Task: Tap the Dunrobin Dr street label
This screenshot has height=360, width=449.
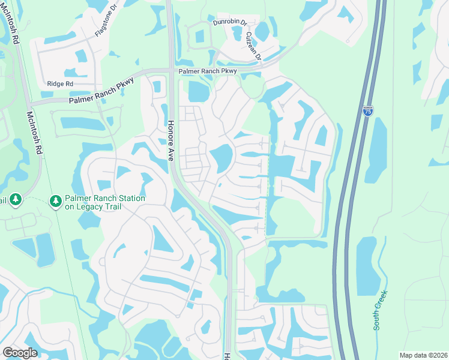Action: (230, 22)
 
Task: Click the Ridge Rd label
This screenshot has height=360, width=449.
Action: (60, 84)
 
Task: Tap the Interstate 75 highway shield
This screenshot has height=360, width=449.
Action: (367, 112)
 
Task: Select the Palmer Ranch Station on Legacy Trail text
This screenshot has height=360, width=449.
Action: (106, 202)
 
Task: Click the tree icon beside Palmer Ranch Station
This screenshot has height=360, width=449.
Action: (56, 200)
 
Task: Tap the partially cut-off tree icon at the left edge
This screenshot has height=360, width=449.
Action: (15, 199)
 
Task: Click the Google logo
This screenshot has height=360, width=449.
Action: (20, 353)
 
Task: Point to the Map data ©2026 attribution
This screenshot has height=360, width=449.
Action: (423, 355)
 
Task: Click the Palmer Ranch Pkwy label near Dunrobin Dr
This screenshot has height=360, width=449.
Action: (207, 71)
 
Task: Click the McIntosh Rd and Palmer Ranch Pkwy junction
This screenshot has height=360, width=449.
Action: (25, 104)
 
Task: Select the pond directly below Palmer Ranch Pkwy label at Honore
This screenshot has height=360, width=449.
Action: (197, 91)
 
